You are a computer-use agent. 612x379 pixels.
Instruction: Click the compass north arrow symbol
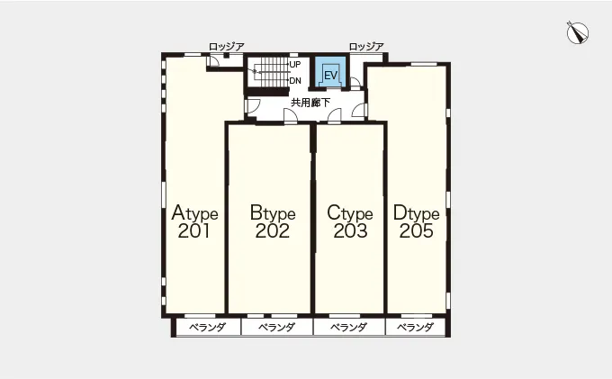pyautogui.click(x=578, y=32)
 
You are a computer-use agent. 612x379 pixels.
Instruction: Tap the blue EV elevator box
pyautogui.click(x=330, y=73)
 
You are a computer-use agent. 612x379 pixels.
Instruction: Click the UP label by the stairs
pyautogui.click(x=295, y=64)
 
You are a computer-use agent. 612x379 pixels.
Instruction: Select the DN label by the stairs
pyautogui.click(x=295, y=81)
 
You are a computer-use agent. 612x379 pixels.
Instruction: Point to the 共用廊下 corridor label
pyautogui.click(x=310, y=103)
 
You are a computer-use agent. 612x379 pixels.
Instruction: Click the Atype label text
pyautogui.click(x=194, y=213)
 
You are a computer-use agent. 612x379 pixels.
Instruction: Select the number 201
pyautogui.click(x=194, y=230)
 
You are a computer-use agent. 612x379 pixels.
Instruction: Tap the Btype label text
pyautogui.click(x=273, y=213)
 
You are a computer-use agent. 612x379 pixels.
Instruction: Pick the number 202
pyautogui.click(x=273, y=230)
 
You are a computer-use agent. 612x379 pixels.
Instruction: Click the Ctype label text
pyautogui.click(x=350, y=213)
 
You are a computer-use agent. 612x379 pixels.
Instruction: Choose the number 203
pyautogui.click(x=350, y=230)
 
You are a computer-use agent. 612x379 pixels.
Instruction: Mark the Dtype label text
pyautogui.click(x=416, y=213)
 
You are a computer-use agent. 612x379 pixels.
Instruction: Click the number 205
pyautogui.click(x=417, y=230)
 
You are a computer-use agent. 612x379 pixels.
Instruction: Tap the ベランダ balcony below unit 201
pyautogui.click(x=208, y=327)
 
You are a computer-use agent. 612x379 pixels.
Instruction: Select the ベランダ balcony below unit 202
pyautogui.click(x=277, y=327)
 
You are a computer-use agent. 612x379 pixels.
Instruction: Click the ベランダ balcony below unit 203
pyautogui.click(x=349, y=327)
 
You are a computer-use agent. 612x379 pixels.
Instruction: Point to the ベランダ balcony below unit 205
pyautogui.click(x=415, y=327)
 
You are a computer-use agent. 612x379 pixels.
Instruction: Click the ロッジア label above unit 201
pyautogui.click(x=227, y=47)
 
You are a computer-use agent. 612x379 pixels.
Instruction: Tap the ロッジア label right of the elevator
pyautogui.click(x=366, y=47)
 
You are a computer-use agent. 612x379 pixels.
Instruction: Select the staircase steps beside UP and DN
pyautogui.click(x=268, y=73)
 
